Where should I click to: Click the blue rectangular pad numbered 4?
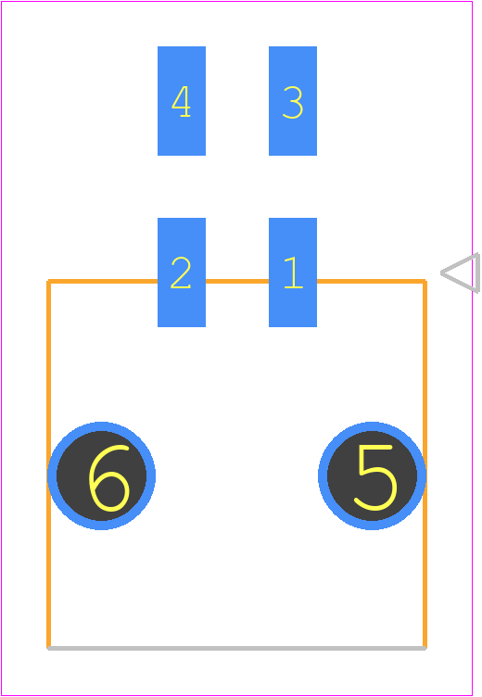pyautogui.click(x=182, y=101)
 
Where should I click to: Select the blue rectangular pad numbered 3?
pyautogui.click(x=293, y=101)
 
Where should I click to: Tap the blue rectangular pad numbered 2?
pyautogui.click(x=182, y=272)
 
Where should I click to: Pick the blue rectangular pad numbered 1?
pyautogui.click(x=293, y=272)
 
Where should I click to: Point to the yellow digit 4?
pyautogui.click(x=182, y=101)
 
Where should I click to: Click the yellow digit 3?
pyautogui.click(x=293, y=102)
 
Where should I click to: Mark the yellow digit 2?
pyautogui.click(x=181, y=272)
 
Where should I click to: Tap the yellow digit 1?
pyautogui.click(x=294, y=272)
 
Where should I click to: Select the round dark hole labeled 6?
pyautogui.click(x=101, y=475)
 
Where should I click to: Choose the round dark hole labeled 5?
pyautogui.click(x=373, y=475)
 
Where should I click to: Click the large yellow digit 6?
pyautogui.click(x=109, y=478)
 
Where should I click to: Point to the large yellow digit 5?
pyautogui.click(x=375, y=477)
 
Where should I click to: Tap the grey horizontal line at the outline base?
pyautogui.click(x=236, y=648)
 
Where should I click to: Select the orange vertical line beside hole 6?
pyautogui.click(x=48, y=463)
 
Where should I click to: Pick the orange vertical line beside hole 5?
pyautogui.click(x=425, y=463)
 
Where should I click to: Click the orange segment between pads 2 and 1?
pyautogui.click(x=237, y=282)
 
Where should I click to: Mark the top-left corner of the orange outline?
pyautogui.click(x=48, y=282)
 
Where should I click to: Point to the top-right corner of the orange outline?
pyautogui.click(x=425, y=282)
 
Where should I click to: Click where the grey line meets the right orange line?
pyautogui.click(x=425, y=648)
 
